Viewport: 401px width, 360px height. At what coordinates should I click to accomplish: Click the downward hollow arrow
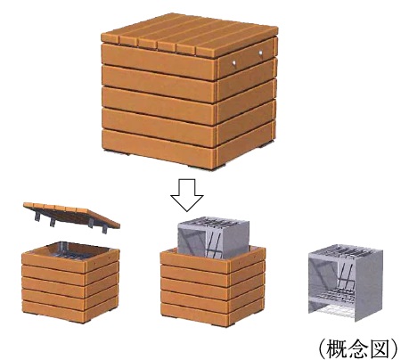coord(187,195)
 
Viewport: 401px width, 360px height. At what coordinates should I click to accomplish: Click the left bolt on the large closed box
coord(234,62)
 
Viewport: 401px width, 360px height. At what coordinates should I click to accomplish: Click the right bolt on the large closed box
coord(260,53)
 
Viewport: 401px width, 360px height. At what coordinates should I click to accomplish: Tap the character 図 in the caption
coord(379,348)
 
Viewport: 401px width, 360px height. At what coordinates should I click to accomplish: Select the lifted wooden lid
coord(71,216)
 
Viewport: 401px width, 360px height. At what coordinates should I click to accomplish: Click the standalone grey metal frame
coord(346,282)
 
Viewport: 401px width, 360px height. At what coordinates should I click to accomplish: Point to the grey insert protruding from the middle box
coord(213,238)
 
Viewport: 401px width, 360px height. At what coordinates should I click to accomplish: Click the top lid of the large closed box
coord(190,34)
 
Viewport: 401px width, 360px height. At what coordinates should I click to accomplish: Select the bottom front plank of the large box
coord(159,147)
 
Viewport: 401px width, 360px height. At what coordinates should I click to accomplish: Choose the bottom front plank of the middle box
coord(194,314)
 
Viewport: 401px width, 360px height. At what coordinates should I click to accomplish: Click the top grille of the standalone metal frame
coord(346,250)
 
